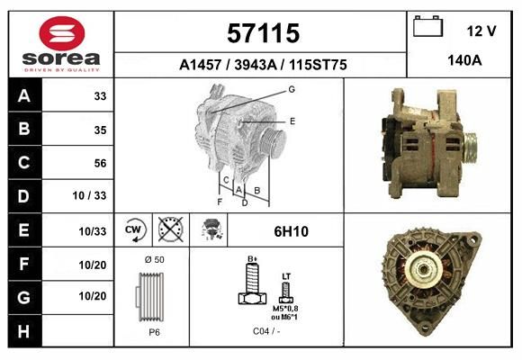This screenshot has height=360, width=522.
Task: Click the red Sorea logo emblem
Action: [62, 33]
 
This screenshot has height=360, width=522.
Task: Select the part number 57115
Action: [263, 33]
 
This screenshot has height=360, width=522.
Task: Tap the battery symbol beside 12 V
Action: [428, 26]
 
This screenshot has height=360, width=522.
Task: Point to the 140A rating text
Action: [464, 60]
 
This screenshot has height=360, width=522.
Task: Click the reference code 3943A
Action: [256, 65]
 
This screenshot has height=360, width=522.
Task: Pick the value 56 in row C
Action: [100, 163]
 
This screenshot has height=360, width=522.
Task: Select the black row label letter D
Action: [23, 196]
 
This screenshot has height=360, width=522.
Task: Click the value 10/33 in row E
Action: [92, 231]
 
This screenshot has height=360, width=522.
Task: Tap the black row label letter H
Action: [23, 331]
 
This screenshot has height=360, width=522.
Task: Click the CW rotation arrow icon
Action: [134, 229]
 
